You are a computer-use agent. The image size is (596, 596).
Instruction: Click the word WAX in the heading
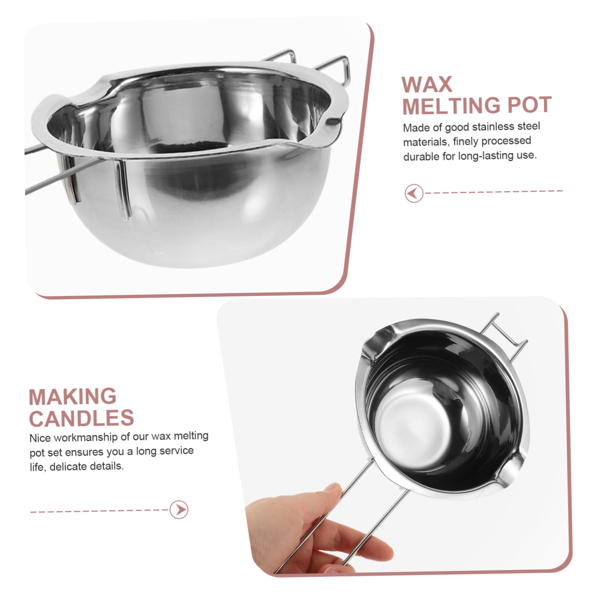(427, 85)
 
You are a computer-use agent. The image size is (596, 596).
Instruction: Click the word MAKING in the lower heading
(72, 397)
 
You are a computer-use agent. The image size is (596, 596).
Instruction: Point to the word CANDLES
(82, 418)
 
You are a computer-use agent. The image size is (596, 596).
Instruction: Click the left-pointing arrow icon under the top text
(414, 193)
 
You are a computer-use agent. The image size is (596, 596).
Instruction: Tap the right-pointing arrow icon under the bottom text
(179, 509)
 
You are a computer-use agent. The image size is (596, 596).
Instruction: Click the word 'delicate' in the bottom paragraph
(69, 466)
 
